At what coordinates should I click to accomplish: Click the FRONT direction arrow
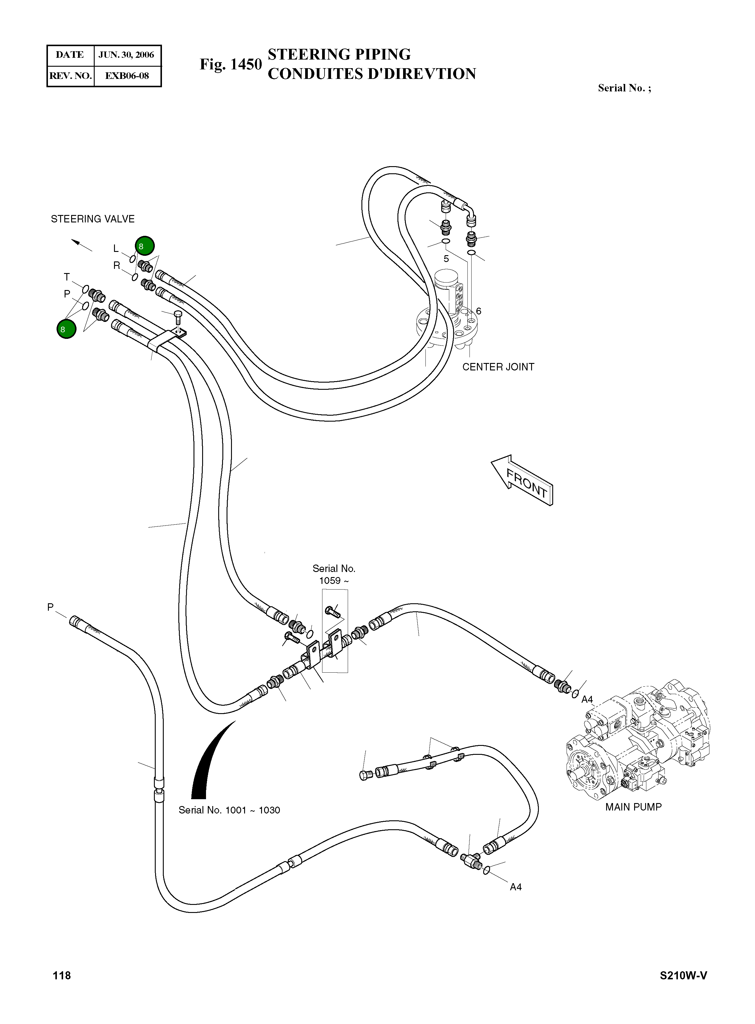click(523, 480)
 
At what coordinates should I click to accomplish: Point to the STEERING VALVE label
click(93, 219)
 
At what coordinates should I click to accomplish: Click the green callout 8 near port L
click(144, 246)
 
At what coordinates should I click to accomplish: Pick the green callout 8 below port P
click(66, 329)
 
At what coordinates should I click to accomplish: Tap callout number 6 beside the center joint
click(478, 311)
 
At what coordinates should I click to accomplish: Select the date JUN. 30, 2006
click(127, 55)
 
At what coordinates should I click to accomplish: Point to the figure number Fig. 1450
click(230, 64)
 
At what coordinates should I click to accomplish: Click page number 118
click(62, 975)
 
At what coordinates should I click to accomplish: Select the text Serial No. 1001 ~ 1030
click(229, 810)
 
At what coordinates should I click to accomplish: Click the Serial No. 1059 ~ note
click(334, 575)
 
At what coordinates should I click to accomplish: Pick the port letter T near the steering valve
click(67, 277)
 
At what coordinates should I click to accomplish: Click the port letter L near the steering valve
click(116, 249)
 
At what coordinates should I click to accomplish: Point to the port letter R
click(116, 266)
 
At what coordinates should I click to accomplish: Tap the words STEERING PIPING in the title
click(339, 54)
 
